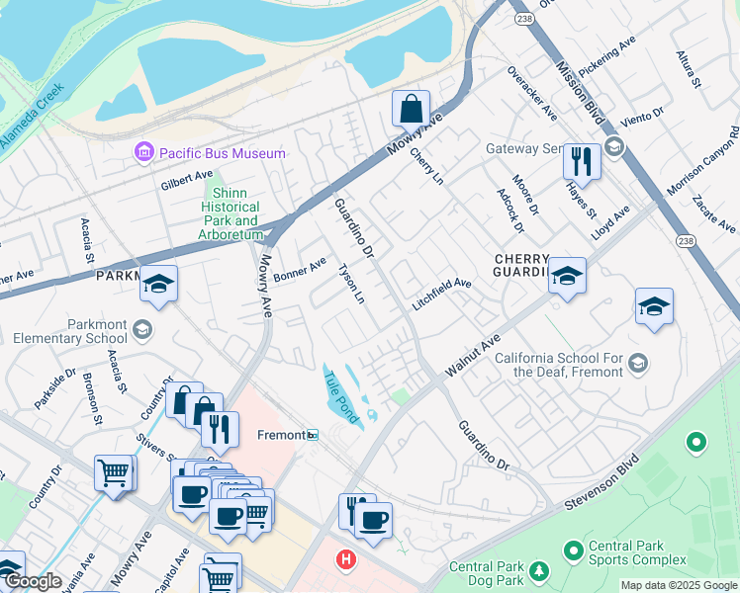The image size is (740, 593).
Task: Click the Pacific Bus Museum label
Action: point(222,153)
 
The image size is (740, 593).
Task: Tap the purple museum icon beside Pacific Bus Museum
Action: point(144,153)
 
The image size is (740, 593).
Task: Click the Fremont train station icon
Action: point(312,435)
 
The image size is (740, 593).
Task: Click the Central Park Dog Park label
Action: point(485,573)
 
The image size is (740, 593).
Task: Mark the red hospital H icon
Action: point(345,560)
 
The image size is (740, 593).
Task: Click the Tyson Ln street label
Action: point(352,283)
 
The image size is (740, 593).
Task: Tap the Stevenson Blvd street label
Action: point(604,484)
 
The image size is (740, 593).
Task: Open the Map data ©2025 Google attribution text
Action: point(678,585)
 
